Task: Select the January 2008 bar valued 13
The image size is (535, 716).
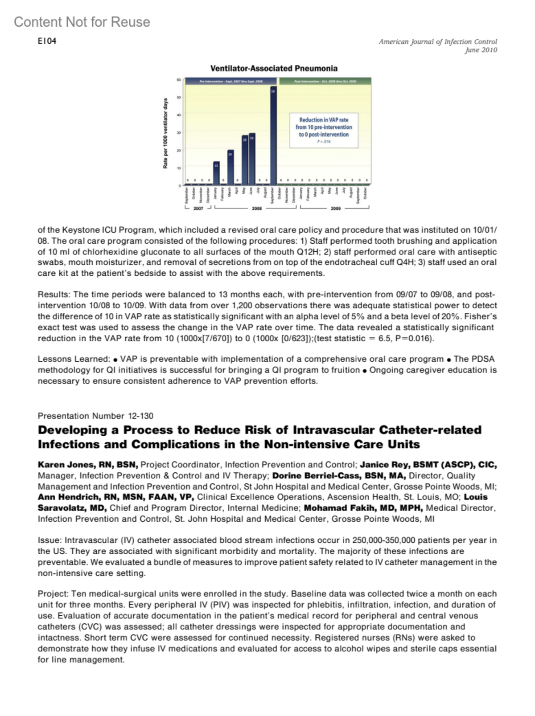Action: coord(216,173)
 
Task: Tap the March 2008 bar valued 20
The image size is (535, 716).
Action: coord(230,168)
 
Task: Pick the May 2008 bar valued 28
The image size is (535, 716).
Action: coord(245,160)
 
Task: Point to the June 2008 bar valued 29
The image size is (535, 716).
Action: coord(252,159)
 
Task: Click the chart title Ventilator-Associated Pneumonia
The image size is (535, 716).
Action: coord(274,69)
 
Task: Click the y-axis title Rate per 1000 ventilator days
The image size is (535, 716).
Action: coord(165,133)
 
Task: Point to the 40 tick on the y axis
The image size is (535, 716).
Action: coord(179,115)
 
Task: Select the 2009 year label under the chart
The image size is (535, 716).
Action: coord(335,209)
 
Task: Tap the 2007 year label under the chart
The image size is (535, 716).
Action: coord(198,209)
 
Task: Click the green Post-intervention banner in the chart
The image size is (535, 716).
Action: coord(325,82)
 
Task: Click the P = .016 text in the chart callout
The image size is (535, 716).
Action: coord(324,142)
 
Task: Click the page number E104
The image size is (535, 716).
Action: coord(47,41)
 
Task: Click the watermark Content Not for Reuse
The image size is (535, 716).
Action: coord(82,22)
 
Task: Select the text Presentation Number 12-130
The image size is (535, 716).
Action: coord(95,416)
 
